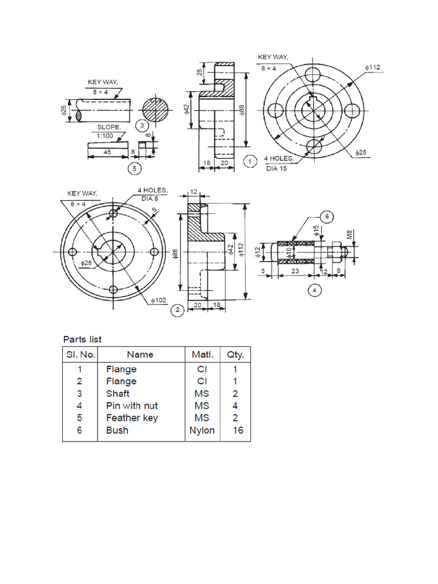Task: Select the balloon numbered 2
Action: (177, 310)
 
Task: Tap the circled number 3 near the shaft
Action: (142, 125)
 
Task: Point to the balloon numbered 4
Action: (314, 290)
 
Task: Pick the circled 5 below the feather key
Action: (133, 168)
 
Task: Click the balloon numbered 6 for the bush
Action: (327, 217)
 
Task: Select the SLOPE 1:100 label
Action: (108, 132)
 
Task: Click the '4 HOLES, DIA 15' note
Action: (279, 163)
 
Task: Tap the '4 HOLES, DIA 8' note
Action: (151, 194)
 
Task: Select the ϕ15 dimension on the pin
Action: (316, 231)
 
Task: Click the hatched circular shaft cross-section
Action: (156, 109)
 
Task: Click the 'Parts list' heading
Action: (83, 339)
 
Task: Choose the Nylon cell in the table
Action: (202, 430)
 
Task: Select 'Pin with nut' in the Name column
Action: (132, 405)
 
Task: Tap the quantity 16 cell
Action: (238, 430)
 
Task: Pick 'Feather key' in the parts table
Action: (132, 418)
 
